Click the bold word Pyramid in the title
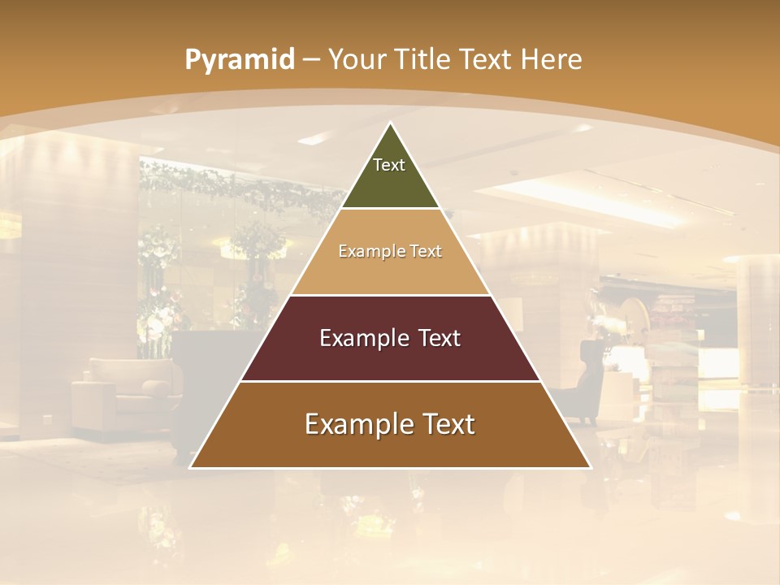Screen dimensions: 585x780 coord(239,60)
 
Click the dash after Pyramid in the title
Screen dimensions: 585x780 coord(311,60)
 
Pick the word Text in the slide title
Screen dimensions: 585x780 coord(486,59)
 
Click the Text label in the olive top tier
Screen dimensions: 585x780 coord(389,165)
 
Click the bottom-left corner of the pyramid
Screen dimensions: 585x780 coord(191,467)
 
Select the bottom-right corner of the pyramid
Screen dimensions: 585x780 coord(590,467)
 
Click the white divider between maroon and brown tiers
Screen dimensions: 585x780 coord(391,381)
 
